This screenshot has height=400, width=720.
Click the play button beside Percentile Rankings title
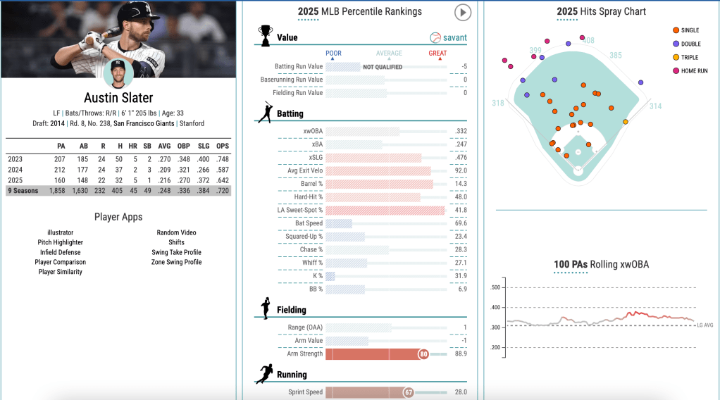coord(462,12)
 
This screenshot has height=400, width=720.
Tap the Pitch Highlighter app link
coord(60,242)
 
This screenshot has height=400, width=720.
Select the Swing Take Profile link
coord(176,252)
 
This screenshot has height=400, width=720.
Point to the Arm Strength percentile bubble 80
coord(423,354)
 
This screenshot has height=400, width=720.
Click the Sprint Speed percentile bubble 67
coord(408,392)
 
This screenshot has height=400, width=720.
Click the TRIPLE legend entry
coord(690,57)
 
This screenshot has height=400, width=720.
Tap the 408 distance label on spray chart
coord(588,40)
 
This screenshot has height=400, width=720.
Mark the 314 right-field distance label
coord(655,106)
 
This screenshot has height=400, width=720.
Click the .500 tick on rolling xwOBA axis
coord(495,287)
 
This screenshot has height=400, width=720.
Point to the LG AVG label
coord(706,325)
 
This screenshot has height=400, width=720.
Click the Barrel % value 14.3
coord(461,184)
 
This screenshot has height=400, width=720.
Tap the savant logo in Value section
coord(449,37)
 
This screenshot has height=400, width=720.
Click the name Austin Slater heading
coord(118,98)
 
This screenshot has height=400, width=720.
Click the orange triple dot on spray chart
coord(626,122)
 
